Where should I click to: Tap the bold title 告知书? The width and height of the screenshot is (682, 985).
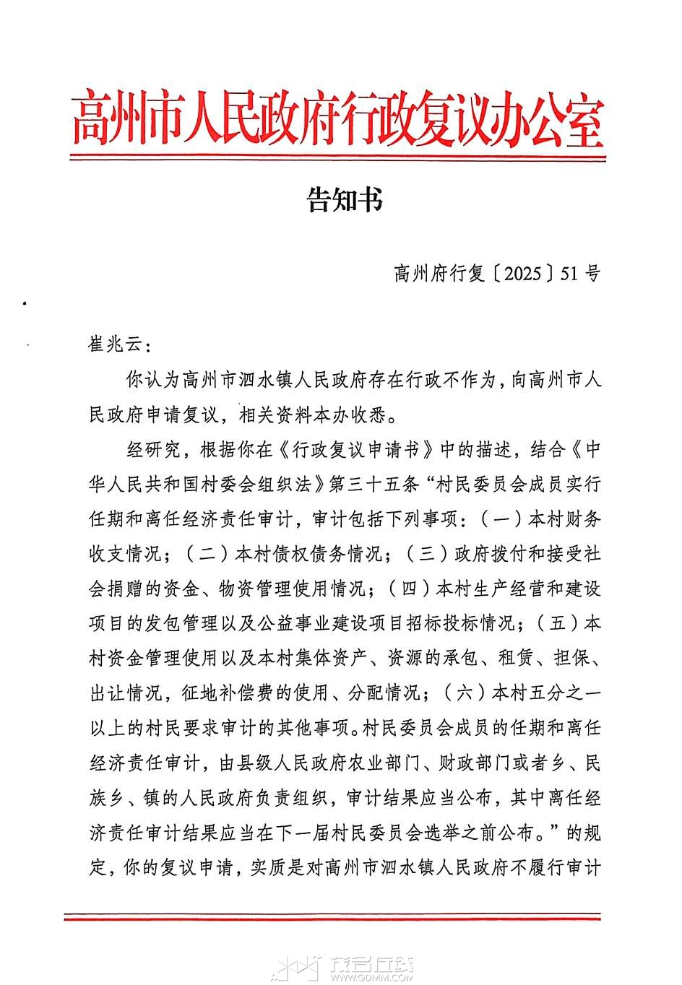click(345, 200)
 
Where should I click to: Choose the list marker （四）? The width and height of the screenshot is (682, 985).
click(410, 589)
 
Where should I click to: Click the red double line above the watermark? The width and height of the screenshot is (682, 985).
click(332, 917)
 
